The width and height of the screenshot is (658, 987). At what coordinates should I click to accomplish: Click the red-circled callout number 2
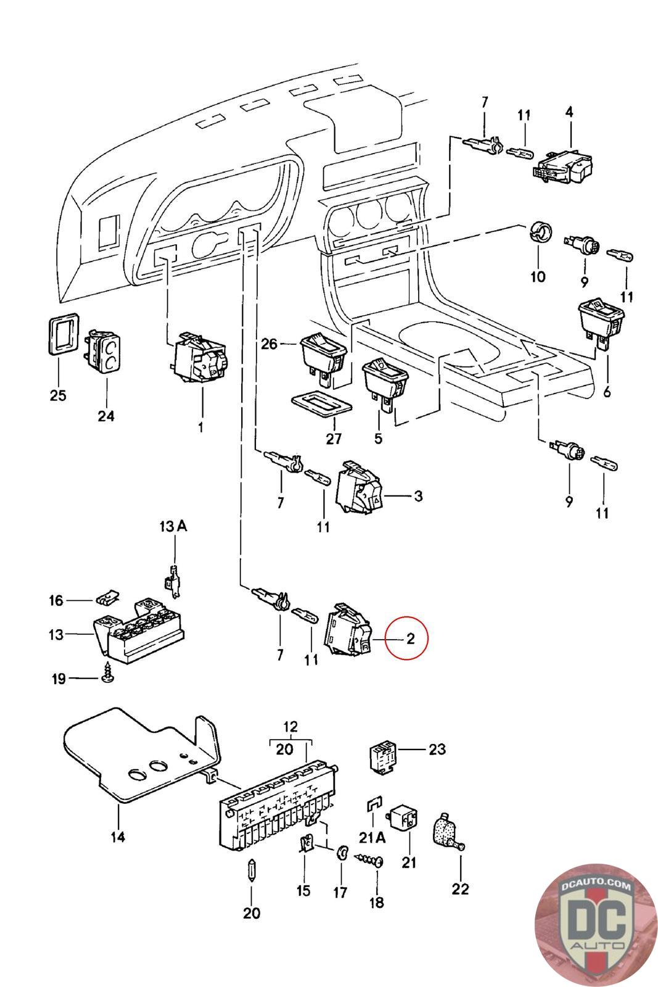pos(409,638)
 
